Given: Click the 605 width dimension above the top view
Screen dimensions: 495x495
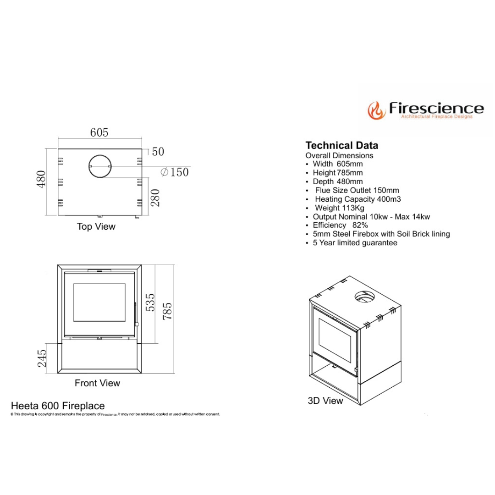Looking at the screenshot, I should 99,132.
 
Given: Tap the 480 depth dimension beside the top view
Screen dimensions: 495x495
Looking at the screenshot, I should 41,179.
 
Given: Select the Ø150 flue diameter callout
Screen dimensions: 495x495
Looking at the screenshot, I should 175,172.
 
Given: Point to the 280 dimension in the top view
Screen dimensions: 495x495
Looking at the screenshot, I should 156,197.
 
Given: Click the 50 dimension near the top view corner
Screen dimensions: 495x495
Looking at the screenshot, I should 158,152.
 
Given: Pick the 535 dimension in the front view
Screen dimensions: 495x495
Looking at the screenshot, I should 151,302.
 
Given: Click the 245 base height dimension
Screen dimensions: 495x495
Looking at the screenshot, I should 42,358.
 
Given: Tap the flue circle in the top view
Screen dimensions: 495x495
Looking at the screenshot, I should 99,166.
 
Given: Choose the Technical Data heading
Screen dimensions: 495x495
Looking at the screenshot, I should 342,146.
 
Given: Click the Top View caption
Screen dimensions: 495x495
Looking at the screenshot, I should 96,226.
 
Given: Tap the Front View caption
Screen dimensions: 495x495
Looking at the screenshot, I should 97,383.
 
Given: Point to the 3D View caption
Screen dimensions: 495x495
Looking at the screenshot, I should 325,401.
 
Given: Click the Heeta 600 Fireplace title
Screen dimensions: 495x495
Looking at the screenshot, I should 58,406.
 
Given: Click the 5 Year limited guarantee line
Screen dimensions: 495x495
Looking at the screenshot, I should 355,242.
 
